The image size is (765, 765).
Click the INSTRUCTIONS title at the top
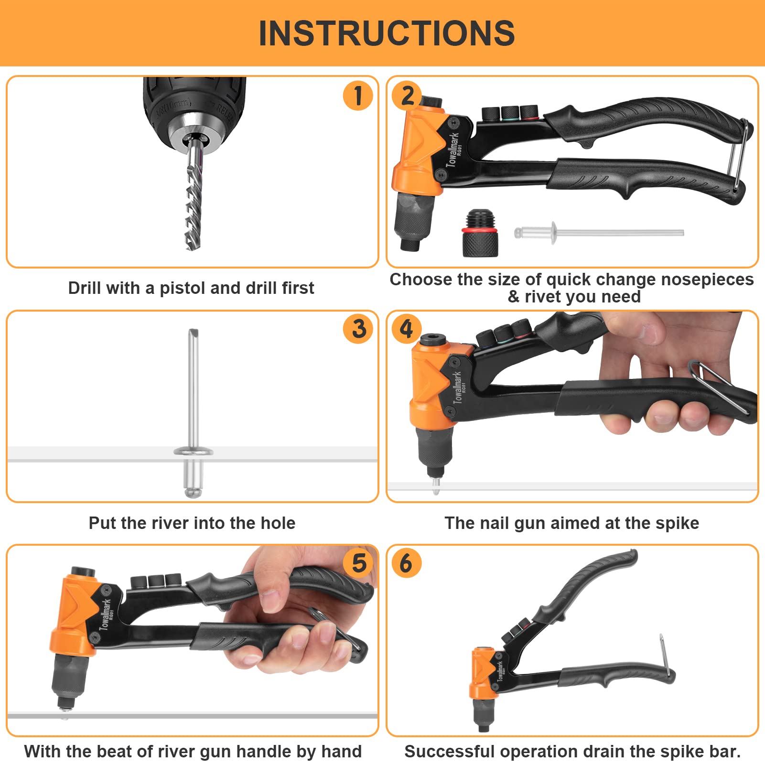coord(387,33)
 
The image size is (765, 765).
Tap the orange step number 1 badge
coord(358,96)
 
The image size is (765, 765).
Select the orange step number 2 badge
coord(407,96)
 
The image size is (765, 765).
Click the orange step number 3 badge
coord(358,329)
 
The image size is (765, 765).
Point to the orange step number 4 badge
coord(407,329)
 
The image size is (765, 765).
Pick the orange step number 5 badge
coord(359,562)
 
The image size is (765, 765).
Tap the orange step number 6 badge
coord(406,562)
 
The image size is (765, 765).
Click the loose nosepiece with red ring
coord(480,233)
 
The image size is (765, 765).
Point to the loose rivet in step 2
coord(599,233)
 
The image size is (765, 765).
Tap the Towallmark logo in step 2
coord(453,149)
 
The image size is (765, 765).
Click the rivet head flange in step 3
coord(194,450)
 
